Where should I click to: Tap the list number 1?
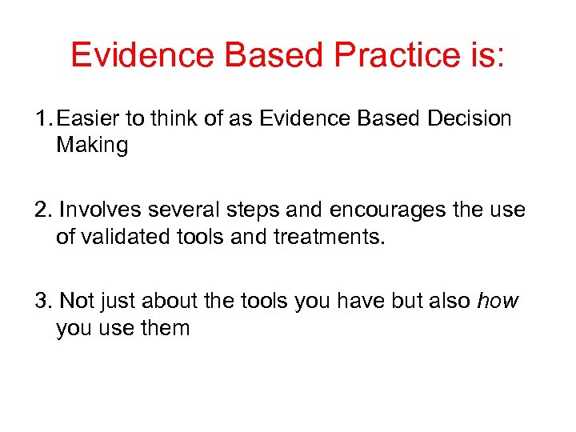(41, 118)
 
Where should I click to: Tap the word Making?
(91, 146)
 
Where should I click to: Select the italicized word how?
(497, 301)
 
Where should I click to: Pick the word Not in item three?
(77, 301)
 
